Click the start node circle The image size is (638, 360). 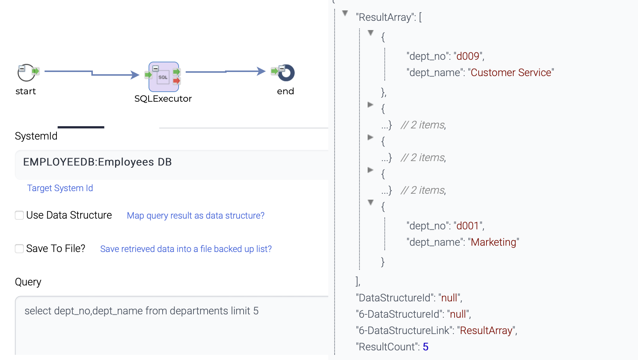26,73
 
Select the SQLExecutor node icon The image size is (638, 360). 163,77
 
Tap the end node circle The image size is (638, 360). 286,73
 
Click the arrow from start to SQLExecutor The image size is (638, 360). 92,73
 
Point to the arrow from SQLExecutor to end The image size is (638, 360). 225,71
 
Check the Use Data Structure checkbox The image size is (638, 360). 19,215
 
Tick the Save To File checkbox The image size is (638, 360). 19,249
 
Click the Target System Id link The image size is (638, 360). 60,188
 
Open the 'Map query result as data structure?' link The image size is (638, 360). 195,216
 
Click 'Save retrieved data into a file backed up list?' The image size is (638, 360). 186,249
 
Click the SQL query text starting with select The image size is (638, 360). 141,311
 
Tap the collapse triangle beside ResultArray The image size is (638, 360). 345,13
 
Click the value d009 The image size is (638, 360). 468,56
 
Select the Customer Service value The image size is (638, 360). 511,73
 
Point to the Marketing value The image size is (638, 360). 493,242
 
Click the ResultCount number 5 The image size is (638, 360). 426,347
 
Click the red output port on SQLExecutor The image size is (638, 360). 177,81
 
